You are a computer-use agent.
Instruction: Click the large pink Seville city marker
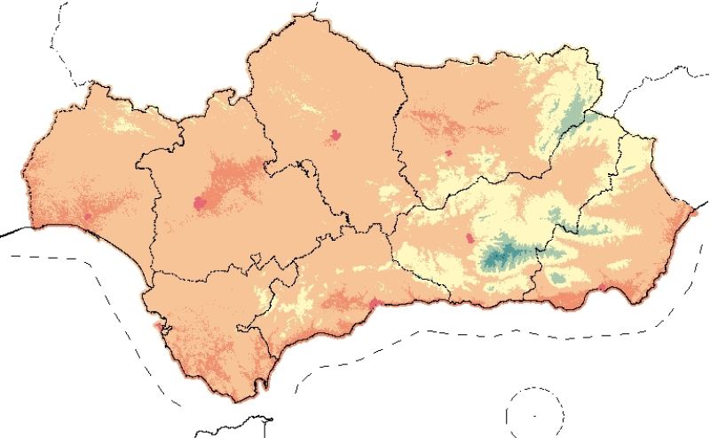tap(201, 204)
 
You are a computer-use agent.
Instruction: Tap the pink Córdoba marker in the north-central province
tap(335, 135)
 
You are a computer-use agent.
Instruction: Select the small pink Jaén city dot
tap(449, 153)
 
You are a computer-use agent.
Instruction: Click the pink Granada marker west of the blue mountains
tap(469, 238)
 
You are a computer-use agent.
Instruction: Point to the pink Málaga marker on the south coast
tap(375, 305)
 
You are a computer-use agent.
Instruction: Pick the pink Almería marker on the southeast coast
tap(603, 287)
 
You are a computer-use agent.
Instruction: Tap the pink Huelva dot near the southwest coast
tap(88, 216)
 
